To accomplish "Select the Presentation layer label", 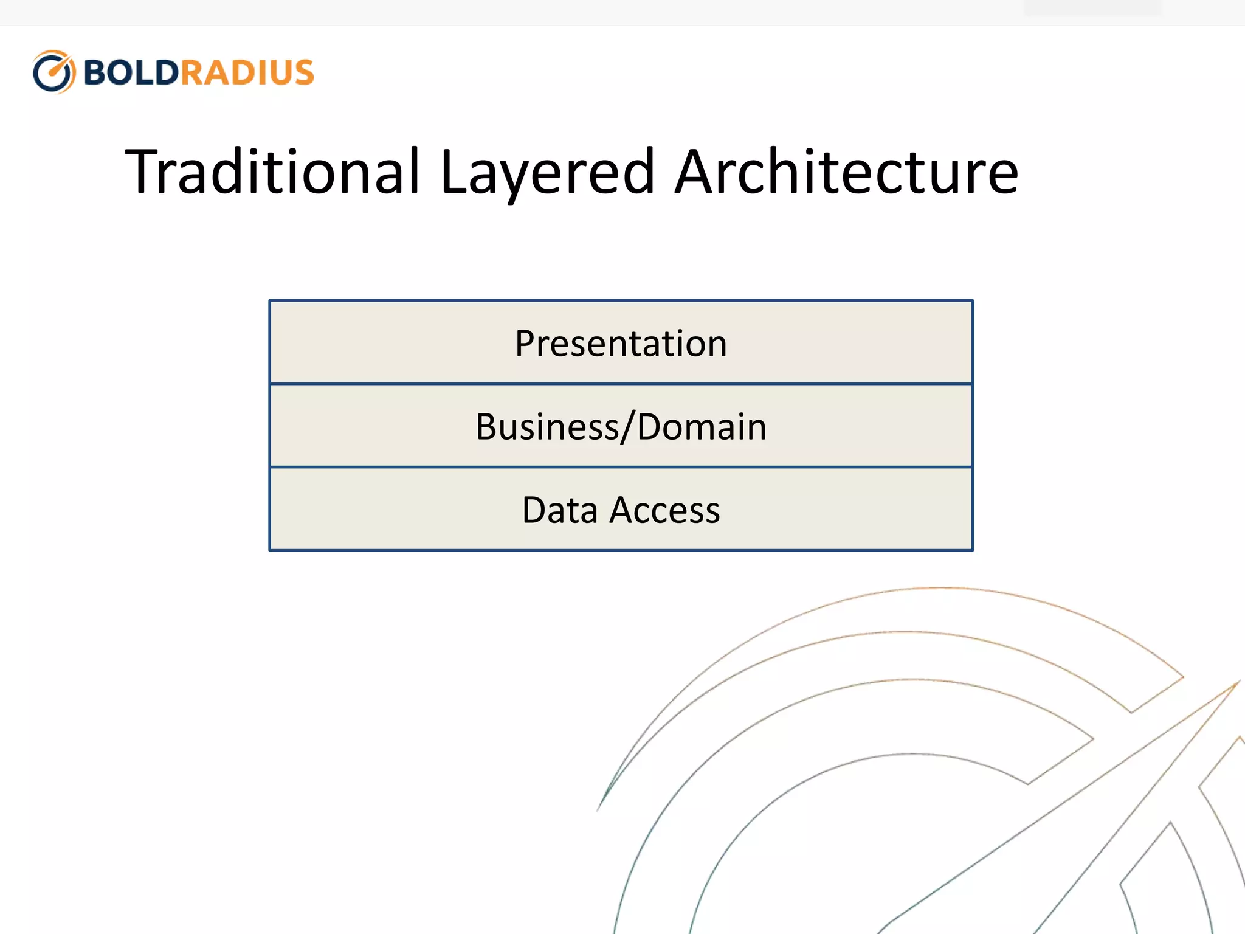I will point(621,344).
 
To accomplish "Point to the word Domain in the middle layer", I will point(702,427).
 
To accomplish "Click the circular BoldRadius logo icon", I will point(54,72).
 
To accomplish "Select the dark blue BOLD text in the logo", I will point(131,72).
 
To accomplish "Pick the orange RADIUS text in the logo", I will point(247,72).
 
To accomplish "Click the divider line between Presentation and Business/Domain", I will point(621,384).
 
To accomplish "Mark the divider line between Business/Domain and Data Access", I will point(621,467).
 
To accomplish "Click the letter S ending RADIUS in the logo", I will point(302,72).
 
